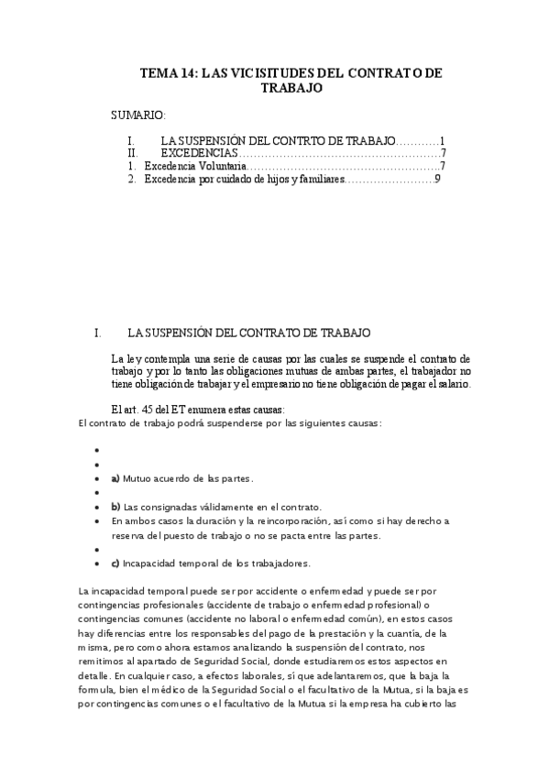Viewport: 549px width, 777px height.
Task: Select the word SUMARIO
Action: click(137, 116)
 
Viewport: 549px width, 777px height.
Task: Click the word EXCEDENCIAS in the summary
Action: click(199, 153)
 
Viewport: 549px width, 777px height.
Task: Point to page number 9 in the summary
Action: click(438, 180)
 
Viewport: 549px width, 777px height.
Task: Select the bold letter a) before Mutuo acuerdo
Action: click(115, 478)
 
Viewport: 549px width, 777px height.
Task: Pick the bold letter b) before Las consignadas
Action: click(115, 507)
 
